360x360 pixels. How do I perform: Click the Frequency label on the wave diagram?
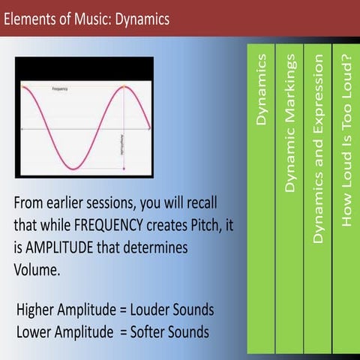coord(60,88)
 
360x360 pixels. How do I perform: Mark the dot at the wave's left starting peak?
coord(25,88)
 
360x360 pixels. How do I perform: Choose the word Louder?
coord(149,310)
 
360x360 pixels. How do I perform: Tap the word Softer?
coord(148,331)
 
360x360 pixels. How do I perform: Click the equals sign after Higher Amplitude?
coord(121,310)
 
